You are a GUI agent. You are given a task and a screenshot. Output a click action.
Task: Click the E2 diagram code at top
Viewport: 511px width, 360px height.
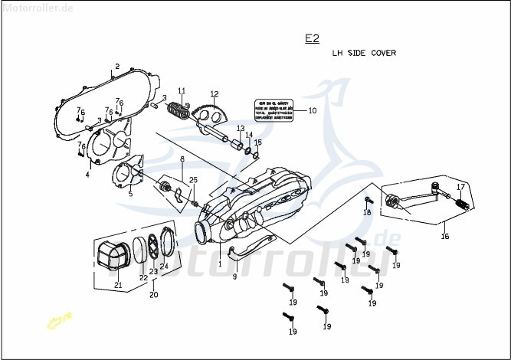click(313, 38)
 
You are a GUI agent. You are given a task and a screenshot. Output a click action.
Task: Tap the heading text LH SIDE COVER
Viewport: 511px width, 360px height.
click(364, 54)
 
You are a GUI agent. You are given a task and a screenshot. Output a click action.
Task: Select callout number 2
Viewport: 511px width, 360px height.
click(116, 67)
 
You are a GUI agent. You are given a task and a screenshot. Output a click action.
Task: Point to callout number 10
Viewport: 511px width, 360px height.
click(312, 111)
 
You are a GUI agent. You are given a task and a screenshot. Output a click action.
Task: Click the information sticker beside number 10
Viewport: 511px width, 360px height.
click(274, 110)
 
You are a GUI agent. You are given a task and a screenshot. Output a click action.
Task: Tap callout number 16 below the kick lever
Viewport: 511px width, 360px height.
click(445, 237)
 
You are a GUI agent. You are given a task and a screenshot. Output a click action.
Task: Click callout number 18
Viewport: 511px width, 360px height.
click(367, 212)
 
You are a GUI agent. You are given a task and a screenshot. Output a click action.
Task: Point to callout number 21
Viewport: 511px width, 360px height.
click(118, 286)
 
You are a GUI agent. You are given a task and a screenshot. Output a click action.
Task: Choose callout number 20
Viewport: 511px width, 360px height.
click(153, 295)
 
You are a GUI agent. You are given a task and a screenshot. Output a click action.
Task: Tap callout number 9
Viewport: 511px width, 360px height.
click(234, 275)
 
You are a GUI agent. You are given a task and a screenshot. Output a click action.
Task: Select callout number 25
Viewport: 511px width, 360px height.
click(194, 180)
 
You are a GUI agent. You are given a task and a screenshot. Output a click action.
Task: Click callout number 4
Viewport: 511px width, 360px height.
click(87, 175)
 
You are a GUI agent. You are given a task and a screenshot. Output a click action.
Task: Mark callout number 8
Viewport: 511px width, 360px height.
click(182, 159)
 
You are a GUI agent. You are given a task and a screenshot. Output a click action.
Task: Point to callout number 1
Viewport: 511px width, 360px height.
click(220, 264)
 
